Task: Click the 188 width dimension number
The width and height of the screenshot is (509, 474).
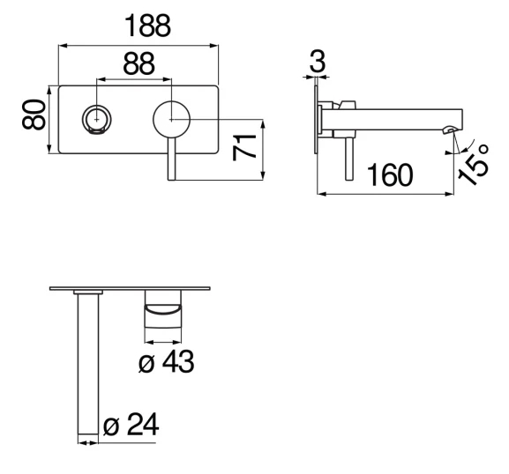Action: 147,26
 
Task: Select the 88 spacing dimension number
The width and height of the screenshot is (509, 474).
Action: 138,63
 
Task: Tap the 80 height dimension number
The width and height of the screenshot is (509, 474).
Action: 34,115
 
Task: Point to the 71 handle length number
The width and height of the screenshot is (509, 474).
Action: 244,148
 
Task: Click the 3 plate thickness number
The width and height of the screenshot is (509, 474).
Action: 318,61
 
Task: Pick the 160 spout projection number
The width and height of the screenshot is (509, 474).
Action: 390,175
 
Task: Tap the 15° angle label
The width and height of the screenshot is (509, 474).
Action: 475,166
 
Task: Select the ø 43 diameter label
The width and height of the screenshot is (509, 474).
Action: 166,361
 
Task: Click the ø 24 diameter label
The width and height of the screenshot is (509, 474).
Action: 131,424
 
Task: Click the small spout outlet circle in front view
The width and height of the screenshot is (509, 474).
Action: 97,120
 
